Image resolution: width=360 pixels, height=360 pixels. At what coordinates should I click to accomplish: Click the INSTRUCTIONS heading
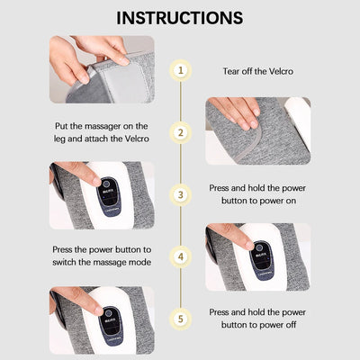[x=180, y=17]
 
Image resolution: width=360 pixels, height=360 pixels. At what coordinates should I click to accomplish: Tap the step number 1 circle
[x=181, y=70]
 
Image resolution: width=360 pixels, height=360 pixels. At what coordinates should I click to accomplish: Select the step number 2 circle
[x=181, y=132]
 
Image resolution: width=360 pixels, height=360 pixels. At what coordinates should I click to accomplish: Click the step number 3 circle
[x=181, y=193]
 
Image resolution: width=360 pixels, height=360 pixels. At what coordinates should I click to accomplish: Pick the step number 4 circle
[x=181, y=256]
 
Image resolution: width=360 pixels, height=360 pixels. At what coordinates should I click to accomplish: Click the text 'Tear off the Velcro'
[x=259, y=70]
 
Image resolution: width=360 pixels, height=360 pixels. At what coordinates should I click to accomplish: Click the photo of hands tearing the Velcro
[x=101, y=69]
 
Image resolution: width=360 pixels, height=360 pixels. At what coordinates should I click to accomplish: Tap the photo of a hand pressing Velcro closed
[x=258, y=131]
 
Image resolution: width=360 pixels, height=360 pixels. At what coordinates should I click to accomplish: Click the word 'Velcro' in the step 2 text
[x=133, y=139]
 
